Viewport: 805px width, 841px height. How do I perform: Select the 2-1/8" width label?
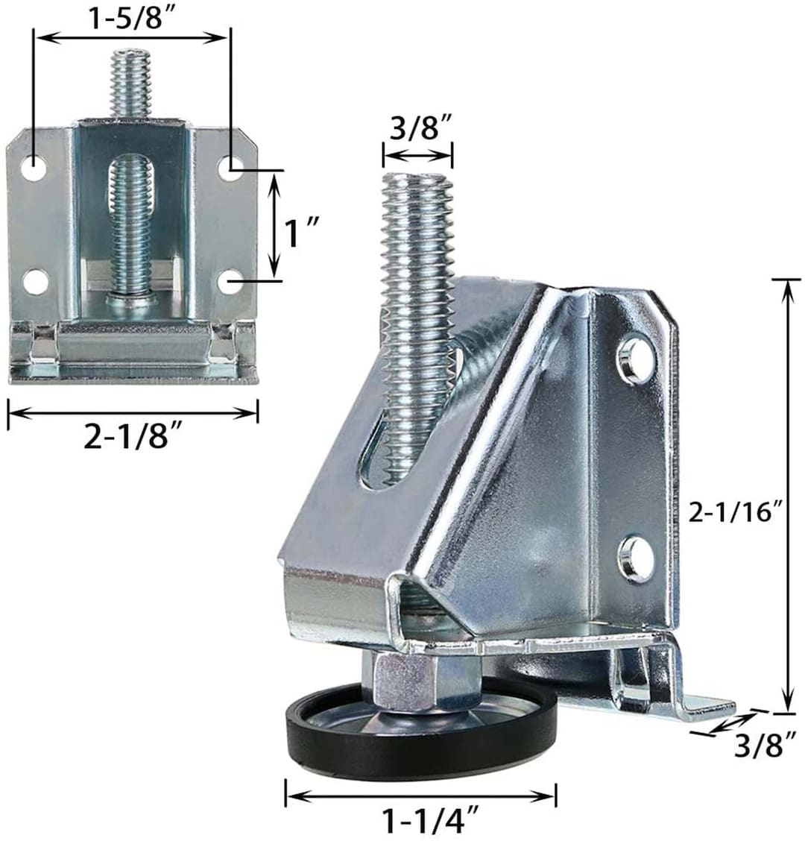[x=133, y=438]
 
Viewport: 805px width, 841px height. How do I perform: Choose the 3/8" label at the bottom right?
[x=758, y=746]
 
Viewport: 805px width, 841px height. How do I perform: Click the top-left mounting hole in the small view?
[x=33, y=169]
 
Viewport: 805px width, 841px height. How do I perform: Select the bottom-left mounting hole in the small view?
[x=34, y=281]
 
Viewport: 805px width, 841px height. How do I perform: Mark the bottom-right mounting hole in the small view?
[x=232, y=281]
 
